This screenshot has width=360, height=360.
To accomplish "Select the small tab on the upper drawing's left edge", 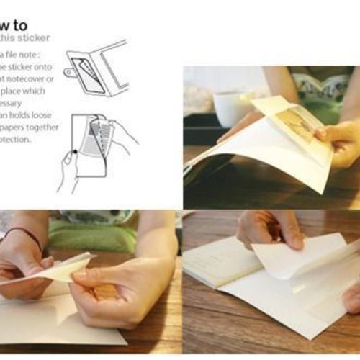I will click(x=68, y=72).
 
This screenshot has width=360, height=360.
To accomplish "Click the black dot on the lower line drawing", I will click(x=73, y=152).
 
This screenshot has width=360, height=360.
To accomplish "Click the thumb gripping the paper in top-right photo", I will click(x=328, y=132).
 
